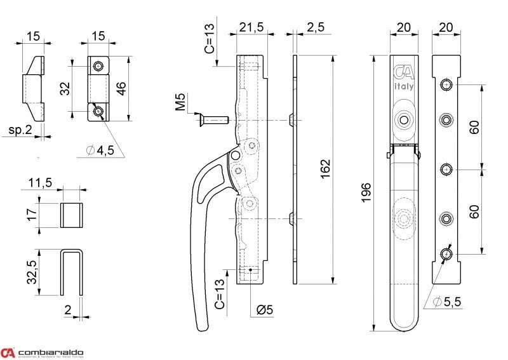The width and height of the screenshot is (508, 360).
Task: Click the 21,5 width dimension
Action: (x=252, y=27)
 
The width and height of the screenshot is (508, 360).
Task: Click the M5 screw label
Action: (x=182, y=102)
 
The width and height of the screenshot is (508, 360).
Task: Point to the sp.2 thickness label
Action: (x=21, y=131)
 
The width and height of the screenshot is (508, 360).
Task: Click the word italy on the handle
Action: (x=403, y=88)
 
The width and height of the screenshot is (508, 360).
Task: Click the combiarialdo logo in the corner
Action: (x=46, y=353)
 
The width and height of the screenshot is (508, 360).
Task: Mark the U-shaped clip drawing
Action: (x=72, y=273)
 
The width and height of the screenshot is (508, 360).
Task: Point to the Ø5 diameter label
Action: (x=265, y=310)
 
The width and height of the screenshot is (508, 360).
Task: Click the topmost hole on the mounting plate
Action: (x=447, y=84)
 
